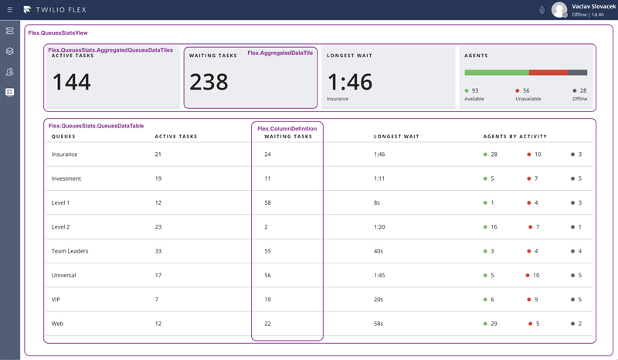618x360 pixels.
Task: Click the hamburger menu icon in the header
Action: (9, 10)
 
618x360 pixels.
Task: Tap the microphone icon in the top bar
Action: (542, 10)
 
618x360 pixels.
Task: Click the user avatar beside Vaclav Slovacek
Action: (559, 10)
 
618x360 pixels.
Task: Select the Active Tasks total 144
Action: (72, 81)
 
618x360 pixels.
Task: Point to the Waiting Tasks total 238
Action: (209, 81)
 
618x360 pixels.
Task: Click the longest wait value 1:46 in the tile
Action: (349, 81)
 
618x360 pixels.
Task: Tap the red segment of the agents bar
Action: (548, 73)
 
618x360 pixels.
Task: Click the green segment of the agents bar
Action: (497, 73)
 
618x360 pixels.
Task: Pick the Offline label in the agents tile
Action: (579, 99)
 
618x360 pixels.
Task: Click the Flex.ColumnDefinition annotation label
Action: (286, 128)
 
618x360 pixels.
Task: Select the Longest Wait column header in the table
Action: (396, 137)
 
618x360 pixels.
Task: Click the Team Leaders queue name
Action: (70, 251)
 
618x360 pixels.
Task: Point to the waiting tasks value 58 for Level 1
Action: (268, 202)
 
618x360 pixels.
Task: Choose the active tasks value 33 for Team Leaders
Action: (159, 251)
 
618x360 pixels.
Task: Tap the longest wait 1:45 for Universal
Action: (379, 275)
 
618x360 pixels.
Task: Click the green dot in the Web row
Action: (485, 324)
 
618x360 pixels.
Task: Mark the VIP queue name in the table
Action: (56, 299)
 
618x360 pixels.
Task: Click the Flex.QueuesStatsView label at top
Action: (57, 33)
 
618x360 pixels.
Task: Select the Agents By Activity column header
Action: (514, 137)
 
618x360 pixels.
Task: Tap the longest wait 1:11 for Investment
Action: (379, 178)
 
